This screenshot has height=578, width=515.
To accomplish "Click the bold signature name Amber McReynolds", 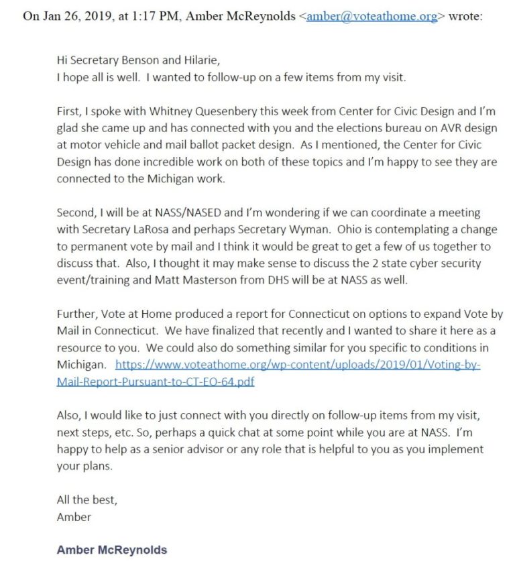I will coord(112,551).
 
